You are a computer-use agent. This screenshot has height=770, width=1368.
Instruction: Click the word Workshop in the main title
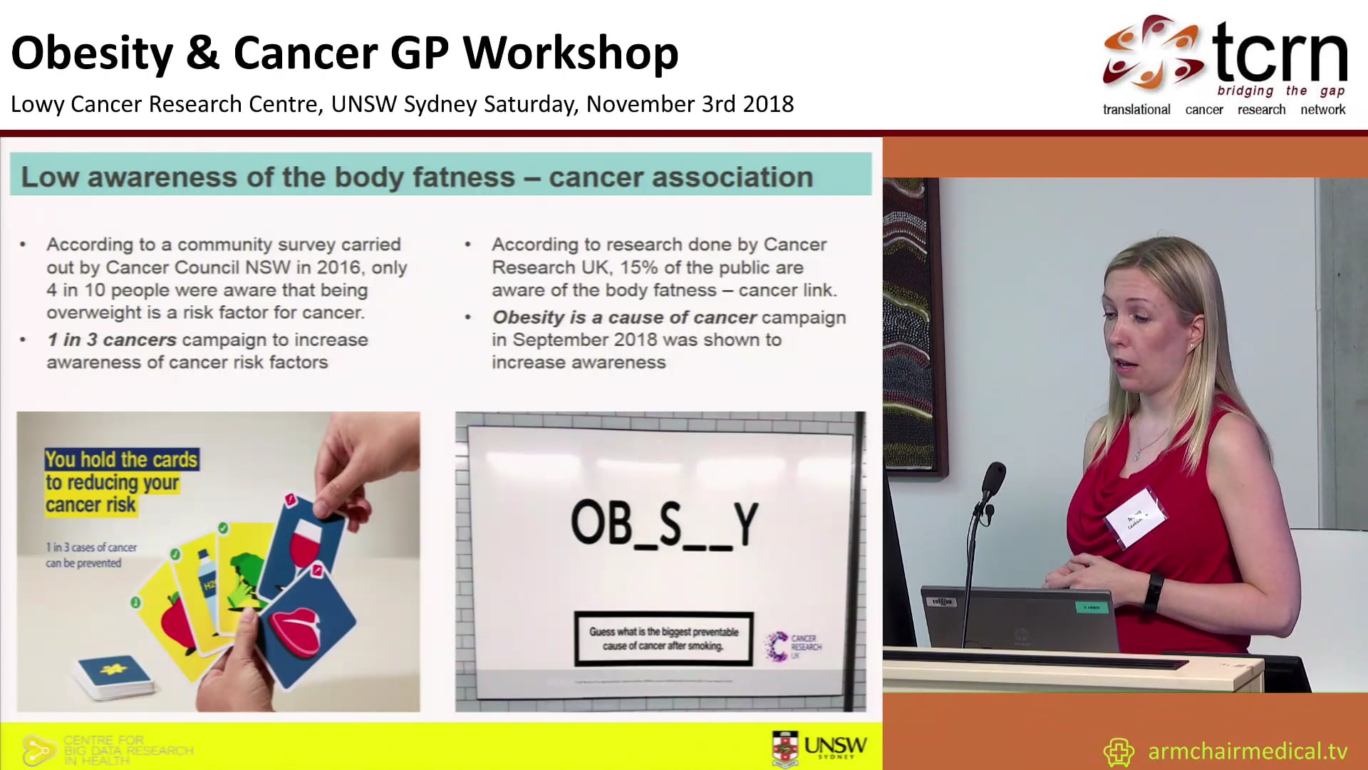[570, 54]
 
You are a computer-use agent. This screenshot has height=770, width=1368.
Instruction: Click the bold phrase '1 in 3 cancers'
[111, 340]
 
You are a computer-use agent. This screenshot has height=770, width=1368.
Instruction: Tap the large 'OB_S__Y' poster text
[664, 524]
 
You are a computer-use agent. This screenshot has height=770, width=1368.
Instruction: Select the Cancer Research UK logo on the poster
[792, 646]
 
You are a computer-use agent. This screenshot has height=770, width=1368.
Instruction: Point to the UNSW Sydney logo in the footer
[819, 748]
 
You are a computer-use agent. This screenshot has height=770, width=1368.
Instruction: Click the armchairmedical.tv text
[1247, 751]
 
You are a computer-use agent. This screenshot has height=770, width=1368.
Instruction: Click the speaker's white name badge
[1136, 519]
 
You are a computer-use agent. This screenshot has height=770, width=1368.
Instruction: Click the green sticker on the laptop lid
[1091, 607]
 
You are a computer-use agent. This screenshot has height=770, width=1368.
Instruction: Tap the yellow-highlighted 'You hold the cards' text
[121, 460]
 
